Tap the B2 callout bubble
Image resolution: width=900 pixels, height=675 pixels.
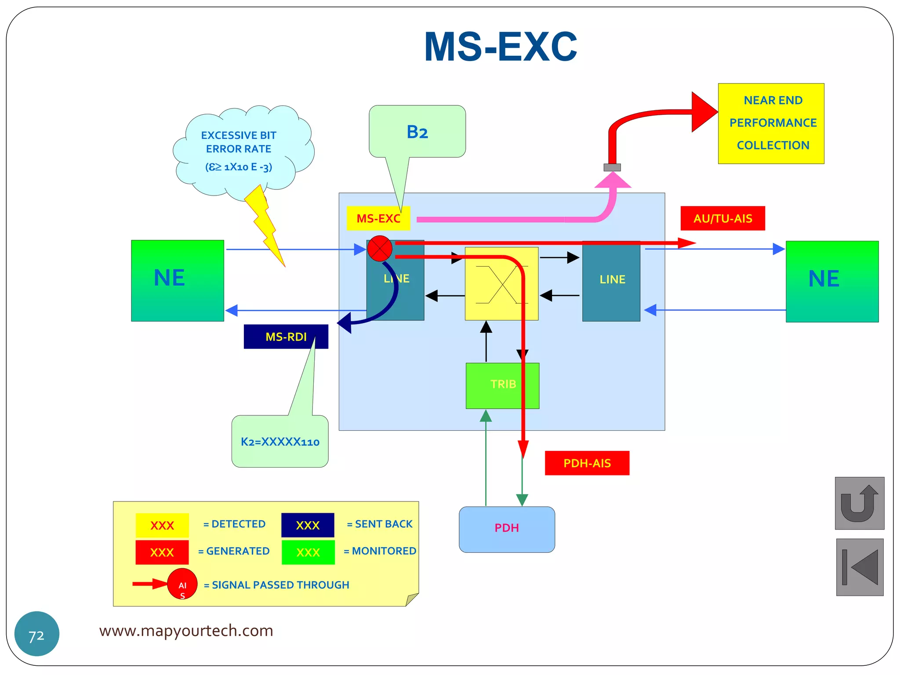tap(417, 132)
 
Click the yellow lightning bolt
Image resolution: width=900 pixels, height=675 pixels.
tap(265, 224)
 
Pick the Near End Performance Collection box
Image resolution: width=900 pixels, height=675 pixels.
tap(771, 123)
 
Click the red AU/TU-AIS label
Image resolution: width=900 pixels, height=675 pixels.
tap(722, 218)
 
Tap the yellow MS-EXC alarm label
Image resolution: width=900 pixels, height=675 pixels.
tap(378, 218)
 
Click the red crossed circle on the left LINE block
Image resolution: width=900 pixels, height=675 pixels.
tap(380, 248)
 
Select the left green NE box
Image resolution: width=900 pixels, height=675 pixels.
tap(178, 280)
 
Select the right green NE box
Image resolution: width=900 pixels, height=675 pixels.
tap(832, 281)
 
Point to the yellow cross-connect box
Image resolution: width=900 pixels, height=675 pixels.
tap(501, 284)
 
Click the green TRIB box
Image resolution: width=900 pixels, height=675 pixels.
tap(502, 385)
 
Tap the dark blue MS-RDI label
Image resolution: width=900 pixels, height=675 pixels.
tap(286, 337)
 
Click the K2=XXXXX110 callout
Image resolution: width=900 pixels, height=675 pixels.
tap(280, 441)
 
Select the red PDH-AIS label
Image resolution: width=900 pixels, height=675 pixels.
tap(587, 463)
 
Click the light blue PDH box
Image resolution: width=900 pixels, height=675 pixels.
tap(507, 529)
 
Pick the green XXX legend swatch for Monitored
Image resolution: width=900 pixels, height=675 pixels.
tap(308, 552)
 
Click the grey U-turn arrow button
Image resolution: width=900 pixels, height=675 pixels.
tap(859, 503)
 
